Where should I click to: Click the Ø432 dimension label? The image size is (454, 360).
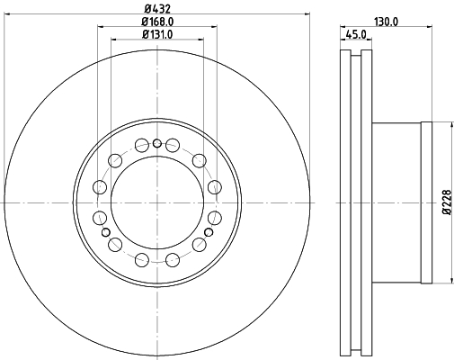pyautogui.click(x=157, y=9)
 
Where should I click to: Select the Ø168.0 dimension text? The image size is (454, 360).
pyautogui.click(x=157, y=22)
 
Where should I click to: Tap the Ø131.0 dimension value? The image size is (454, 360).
pyautogui.click(x=157, y=34)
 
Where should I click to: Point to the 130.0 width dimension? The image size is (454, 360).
pyautogui.click(x=387, y=22)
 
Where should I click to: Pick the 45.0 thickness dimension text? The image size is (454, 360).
pyautogui.click(x=356, y=34)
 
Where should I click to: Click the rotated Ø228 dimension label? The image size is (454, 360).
pyautogui.click(x=447, y=202)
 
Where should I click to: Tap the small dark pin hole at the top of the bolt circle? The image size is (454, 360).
pyautogui.click(x=157, y=144)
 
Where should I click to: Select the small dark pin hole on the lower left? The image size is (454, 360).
pyautogui.click(x=106, y=232)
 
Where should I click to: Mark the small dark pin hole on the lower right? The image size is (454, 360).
pyautogui.click(x=209, y=232)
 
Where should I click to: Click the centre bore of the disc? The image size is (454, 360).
pyautogui.click(x=157, y=202)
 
